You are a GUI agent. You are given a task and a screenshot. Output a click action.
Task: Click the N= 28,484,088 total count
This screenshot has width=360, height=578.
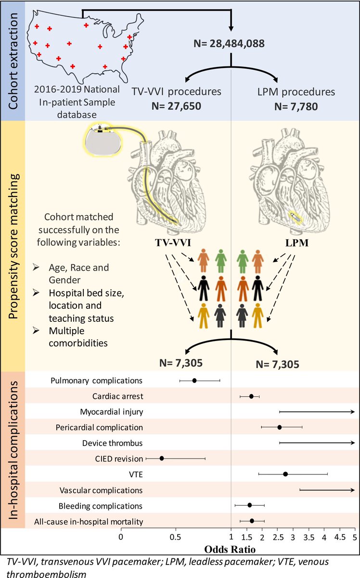click(231, 45)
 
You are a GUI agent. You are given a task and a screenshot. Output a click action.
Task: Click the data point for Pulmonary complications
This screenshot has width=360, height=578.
click(194, 381)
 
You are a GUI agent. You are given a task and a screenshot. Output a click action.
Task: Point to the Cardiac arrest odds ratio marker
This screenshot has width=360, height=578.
click(251, 396)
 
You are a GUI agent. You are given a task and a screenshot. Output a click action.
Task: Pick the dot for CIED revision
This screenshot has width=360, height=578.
click(162, 458)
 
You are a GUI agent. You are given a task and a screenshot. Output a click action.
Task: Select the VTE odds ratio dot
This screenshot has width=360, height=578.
click(285, 474)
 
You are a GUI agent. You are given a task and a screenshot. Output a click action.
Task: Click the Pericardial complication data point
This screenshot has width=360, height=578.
click(279, 427)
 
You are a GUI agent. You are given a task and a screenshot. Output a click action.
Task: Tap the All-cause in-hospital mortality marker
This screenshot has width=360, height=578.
click(252, 521)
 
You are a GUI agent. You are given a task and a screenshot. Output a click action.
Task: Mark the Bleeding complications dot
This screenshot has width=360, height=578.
click(250, 505)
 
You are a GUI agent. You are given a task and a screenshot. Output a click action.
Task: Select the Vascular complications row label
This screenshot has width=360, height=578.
click(101, 490)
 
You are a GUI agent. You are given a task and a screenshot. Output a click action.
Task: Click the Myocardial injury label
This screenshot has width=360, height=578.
click(111, 411)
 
